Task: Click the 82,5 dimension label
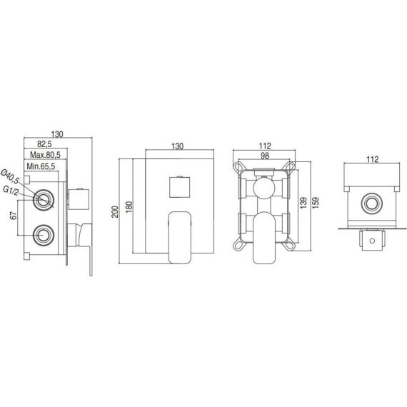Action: tap(45, 144)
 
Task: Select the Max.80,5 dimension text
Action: tap(45, 155)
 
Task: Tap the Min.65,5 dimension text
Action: tap(41, 166)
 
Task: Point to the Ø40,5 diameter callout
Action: tap(11, 176)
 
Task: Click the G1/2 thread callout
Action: tap(11, 191)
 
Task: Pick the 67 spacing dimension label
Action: tap(14, 215)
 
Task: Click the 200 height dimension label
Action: tap(115, 211)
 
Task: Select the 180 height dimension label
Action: tap(129, 207)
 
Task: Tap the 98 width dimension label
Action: tap(264, 156)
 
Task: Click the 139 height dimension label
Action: tap(303, 203)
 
